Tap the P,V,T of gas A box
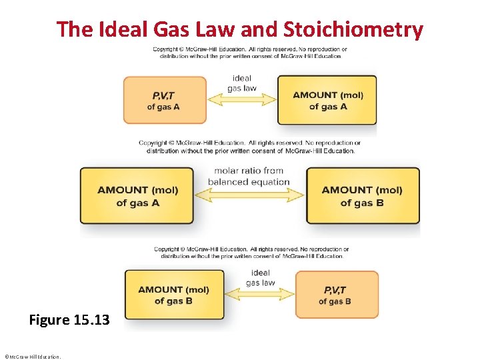(x=164, y=100)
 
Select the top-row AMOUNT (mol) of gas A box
(x=327, y=100)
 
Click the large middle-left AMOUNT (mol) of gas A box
(x=137, y=195)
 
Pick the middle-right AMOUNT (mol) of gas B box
(x=362, y=195)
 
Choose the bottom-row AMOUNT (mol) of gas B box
(x=173, y=295)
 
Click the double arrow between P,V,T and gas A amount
(x=242, y=100)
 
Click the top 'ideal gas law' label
(x=242, y=83)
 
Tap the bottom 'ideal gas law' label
(x=261, y=277)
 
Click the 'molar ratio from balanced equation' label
(x=249, y=177)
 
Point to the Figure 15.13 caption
(x=69, y=320)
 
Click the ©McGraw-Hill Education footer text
(x=32, y=356)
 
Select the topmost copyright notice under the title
(x=249, y=53)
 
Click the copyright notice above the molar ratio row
(x=249, y=147)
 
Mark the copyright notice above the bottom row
(x=249, y=253)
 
